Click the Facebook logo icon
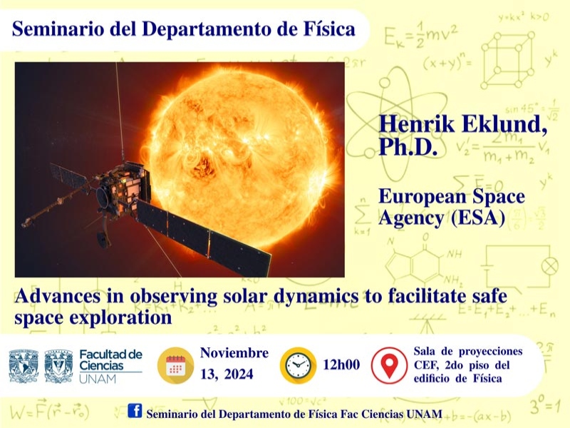(x=135, y=411)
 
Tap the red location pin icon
(x=389, y=365)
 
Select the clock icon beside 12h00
(x=298, y=365)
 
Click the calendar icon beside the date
(x=175, y=365)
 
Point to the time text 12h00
(x=341, y=365)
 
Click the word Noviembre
(x=234, y=352)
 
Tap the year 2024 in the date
(x=239, y=374)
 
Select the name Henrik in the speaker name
(x=417, y=123)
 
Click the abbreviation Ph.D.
(x=408, y=147)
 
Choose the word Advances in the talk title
(x=58, y=296)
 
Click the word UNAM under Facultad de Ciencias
(x=98, y=379)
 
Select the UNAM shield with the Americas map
(x=24, y=366)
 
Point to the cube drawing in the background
(x=508, y=60)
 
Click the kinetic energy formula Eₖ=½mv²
(x=420, y=35)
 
